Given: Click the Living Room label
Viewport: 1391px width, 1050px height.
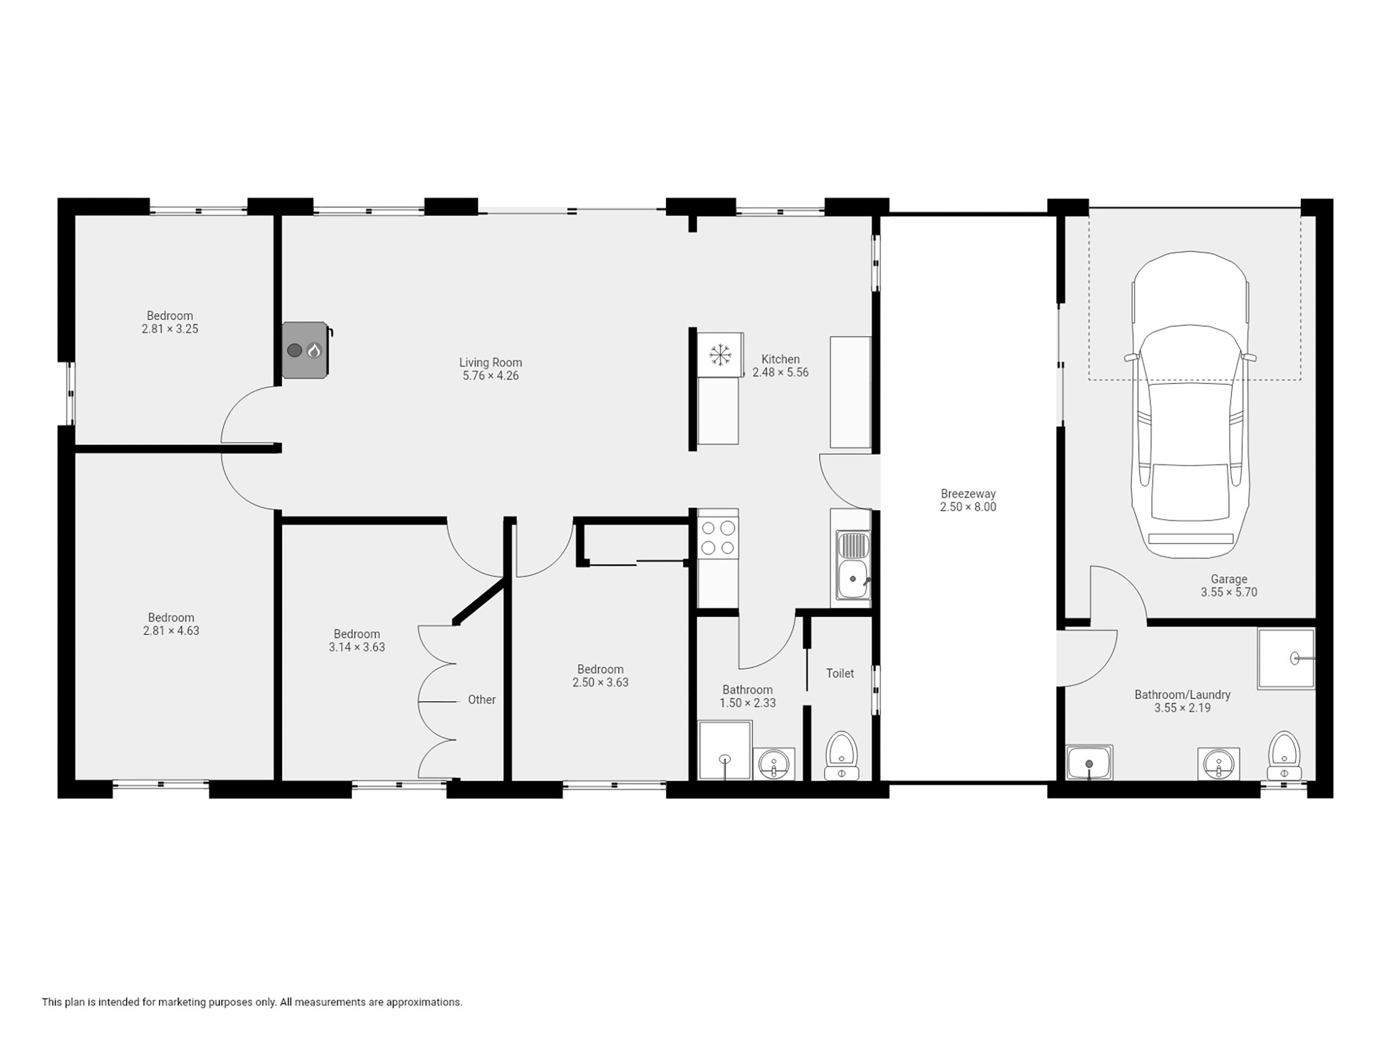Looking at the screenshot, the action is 491,363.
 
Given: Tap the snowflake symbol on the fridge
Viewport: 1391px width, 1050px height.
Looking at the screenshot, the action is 720,354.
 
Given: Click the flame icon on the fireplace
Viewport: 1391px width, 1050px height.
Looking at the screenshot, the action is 314,350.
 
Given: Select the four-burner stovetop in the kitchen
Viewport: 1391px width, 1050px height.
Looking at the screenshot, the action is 718,538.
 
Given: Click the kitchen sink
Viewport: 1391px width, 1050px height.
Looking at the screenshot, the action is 854,565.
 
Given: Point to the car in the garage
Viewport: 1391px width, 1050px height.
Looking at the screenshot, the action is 1190,405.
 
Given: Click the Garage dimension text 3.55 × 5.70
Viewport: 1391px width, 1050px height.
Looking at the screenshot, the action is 1229,592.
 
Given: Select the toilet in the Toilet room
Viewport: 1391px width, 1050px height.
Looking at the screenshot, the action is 841,756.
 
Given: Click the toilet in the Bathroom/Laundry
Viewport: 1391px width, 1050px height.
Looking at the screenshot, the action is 1284,756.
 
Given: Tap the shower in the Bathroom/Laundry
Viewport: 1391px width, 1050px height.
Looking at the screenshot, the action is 1286,658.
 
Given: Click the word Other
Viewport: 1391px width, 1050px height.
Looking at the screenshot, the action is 482,700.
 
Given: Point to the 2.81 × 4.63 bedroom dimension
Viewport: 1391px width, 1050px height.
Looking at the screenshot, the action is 171,630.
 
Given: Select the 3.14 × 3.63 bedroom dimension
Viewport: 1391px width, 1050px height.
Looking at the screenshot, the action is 357,647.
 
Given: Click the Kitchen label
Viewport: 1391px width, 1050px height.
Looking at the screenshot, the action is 781,359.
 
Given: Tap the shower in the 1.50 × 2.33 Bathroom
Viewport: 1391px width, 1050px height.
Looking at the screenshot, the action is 725,751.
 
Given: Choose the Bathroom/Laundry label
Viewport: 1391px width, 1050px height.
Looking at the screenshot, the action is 1182,695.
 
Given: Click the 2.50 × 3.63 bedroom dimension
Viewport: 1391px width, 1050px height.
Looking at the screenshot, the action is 600,682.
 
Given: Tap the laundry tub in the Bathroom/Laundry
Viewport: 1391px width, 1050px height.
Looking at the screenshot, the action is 1090,763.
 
